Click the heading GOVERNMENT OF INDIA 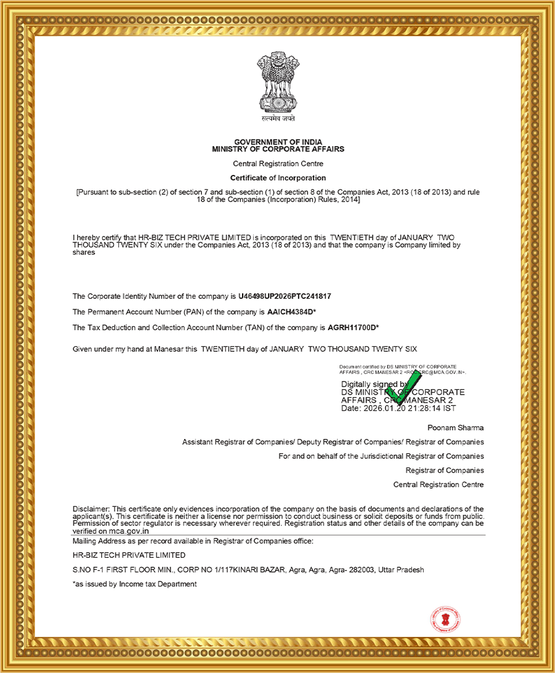(278, 143)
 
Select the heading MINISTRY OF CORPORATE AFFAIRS (278, 149)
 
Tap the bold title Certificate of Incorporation (278, 178)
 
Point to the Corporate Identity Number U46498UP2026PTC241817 (289, 296)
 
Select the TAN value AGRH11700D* (353, 327)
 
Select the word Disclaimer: (91, 509)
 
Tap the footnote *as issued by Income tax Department (134, 584)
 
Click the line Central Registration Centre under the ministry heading (278, 164)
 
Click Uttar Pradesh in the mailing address (404, 570)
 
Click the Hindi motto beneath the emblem (278, 118)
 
